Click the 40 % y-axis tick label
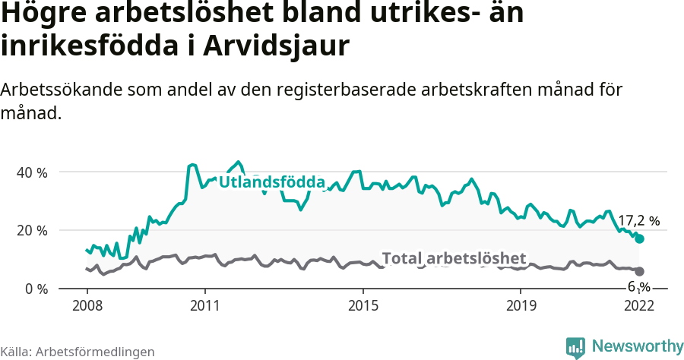coord(31,172)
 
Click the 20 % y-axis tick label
coord(31,231)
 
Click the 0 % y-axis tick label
coord(35,289)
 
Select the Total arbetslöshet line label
coord(454,258)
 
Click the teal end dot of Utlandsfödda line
coord(640,238)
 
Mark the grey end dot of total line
coord(640,271)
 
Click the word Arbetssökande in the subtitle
coord(63,90)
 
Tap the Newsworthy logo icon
coord(575,347)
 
